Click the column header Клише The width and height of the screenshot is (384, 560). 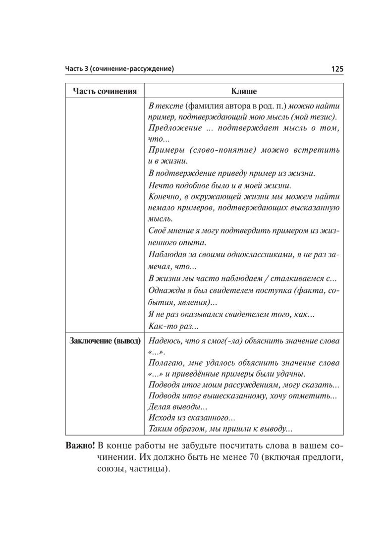point(243,91)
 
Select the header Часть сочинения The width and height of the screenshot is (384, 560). point(105,91)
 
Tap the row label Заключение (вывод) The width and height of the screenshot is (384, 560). point(105,341)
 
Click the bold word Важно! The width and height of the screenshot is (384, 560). point(80,444)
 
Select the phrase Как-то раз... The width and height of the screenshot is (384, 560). point(170,326)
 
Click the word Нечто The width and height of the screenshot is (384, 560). point(160,185)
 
